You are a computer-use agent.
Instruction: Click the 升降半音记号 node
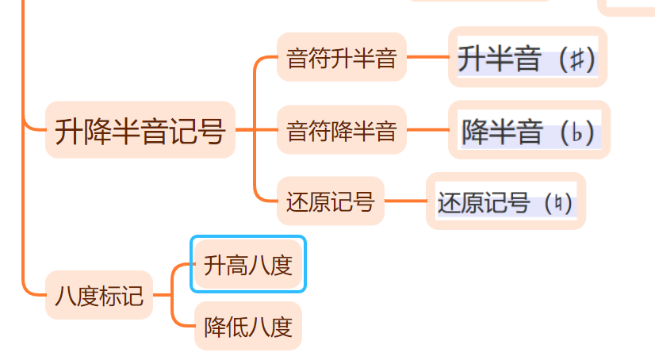(x=140, y=130)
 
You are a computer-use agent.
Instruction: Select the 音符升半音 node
(x=341, y=57)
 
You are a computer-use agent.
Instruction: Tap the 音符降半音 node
(x=341, y=130)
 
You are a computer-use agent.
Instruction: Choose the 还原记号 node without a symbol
(x=330, y=202)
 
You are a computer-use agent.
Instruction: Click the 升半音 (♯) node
(x=527, y=59)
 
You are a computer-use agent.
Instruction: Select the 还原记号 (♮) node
(x=505, y=202)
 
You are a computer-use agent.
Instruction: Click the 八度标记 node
(x=99, y=295)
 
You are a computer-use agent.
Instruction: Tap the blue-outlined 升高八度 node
(x=248, y=265)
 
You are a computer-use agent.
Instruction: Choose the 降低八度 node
(x=248, y=327)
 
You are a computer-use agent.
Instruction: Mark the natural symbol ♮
(x=561, y=203)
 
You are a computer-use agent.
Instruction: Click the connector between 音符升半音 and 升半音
(x=427, y=57)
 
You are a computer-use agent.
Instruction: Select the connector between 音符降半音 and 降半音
(x=427, y=130)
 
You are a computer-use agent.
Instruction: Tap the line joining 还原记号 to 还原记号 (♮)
(x=406, y=202)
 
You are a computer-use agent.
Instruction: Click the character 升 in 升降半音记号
(x=69, y=130)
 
